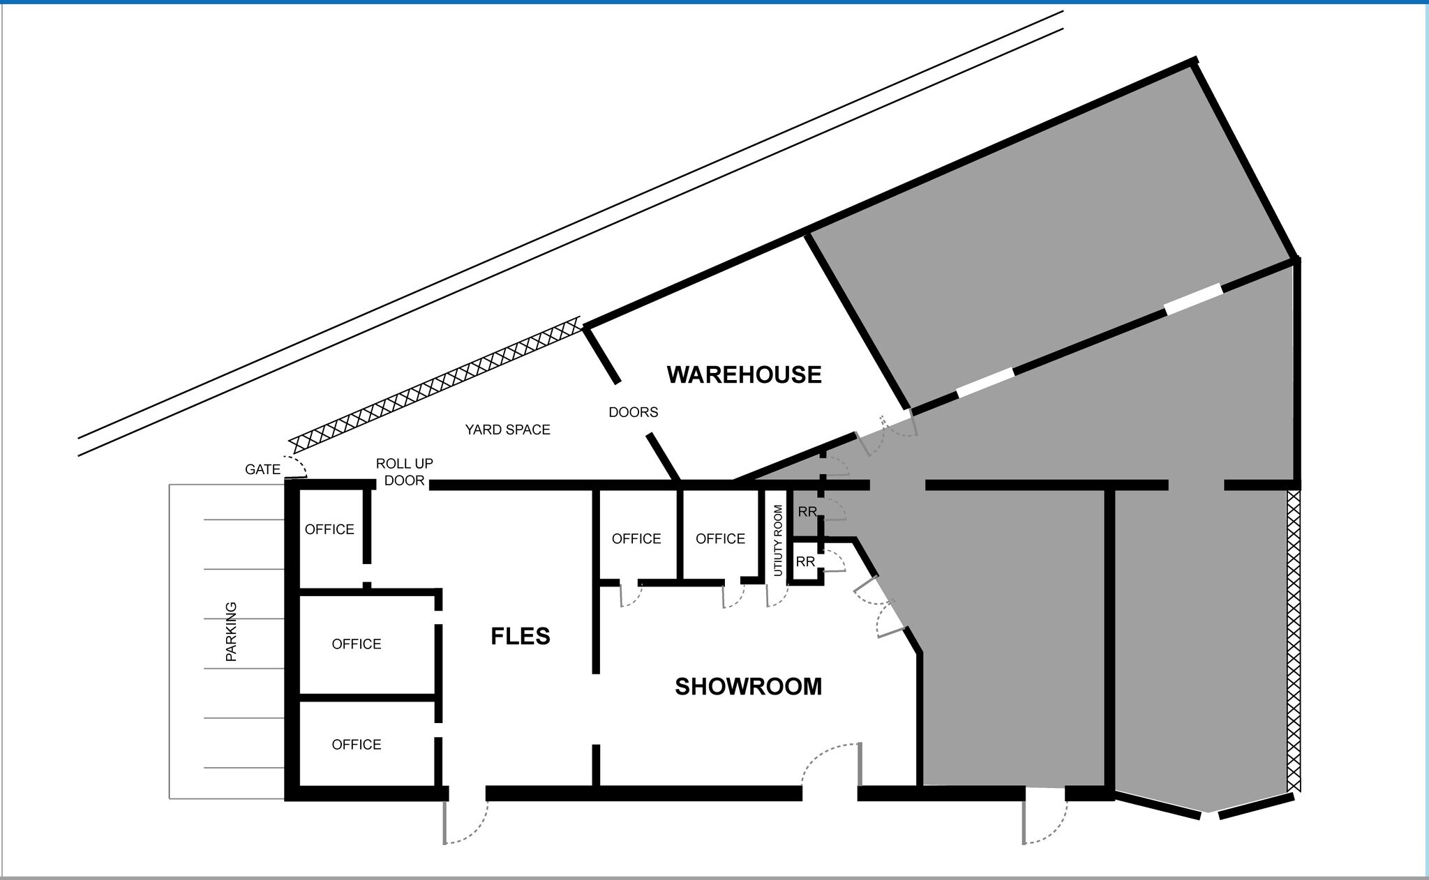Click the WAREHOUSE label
[744, 374]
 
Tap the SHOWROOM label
[748, 687]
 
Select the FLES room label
[521, 636]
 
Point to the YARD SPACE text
[508, 430]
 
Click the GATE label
[262, 469]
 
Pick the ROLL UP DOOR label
[405, 472]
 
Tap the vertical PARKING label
[231, 631]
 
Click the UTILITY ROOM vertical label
[778, 540]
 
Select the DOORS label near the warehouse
[634, 412]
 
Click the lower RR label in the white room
[805, 561]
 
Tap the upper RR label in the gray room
[807, 512]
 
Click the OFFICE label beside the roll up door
[329, 529]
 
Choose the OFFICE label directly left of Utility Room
[721, 538]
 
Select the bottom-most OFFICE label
[357, 745]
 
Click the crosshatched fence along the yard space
[435, 385]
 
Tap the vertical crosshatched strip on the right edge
[1294, 640]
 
